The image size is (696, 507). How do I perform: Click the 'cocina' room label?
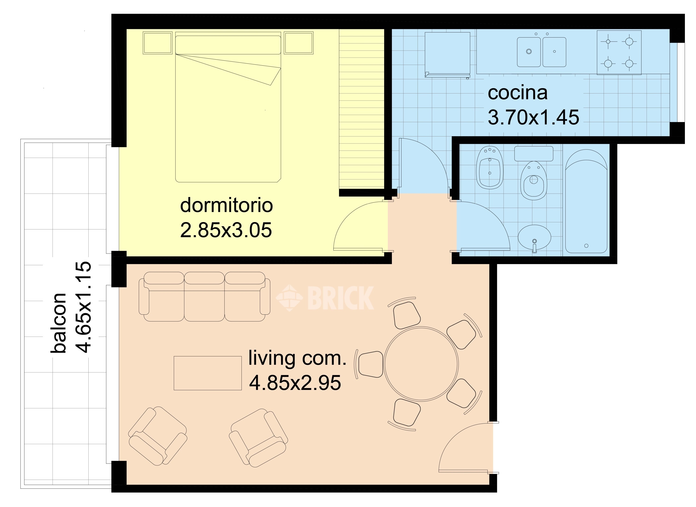(518, 93)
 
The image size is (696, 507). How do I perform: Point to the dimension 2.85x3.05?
(226, 230)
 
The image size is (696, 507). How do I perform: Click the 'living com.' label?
(297, 358)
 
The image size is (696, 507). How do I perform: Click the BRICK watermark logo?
(325, 298)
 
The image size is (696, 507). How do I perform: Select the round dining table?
(421, 363)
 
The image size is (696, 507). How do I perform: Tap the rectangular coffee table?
(208, 373)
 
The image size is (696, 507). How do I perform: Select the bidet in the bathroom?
(490, 168)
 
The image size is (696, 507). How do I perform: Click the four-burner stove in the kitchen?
(619, 52)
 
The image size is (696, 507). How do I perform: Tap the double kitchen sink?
(541, 52)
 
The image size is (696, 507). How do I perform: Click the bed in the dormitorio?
(228, 109)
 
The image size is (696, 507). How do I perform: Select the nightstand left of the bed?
(158, 43)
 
